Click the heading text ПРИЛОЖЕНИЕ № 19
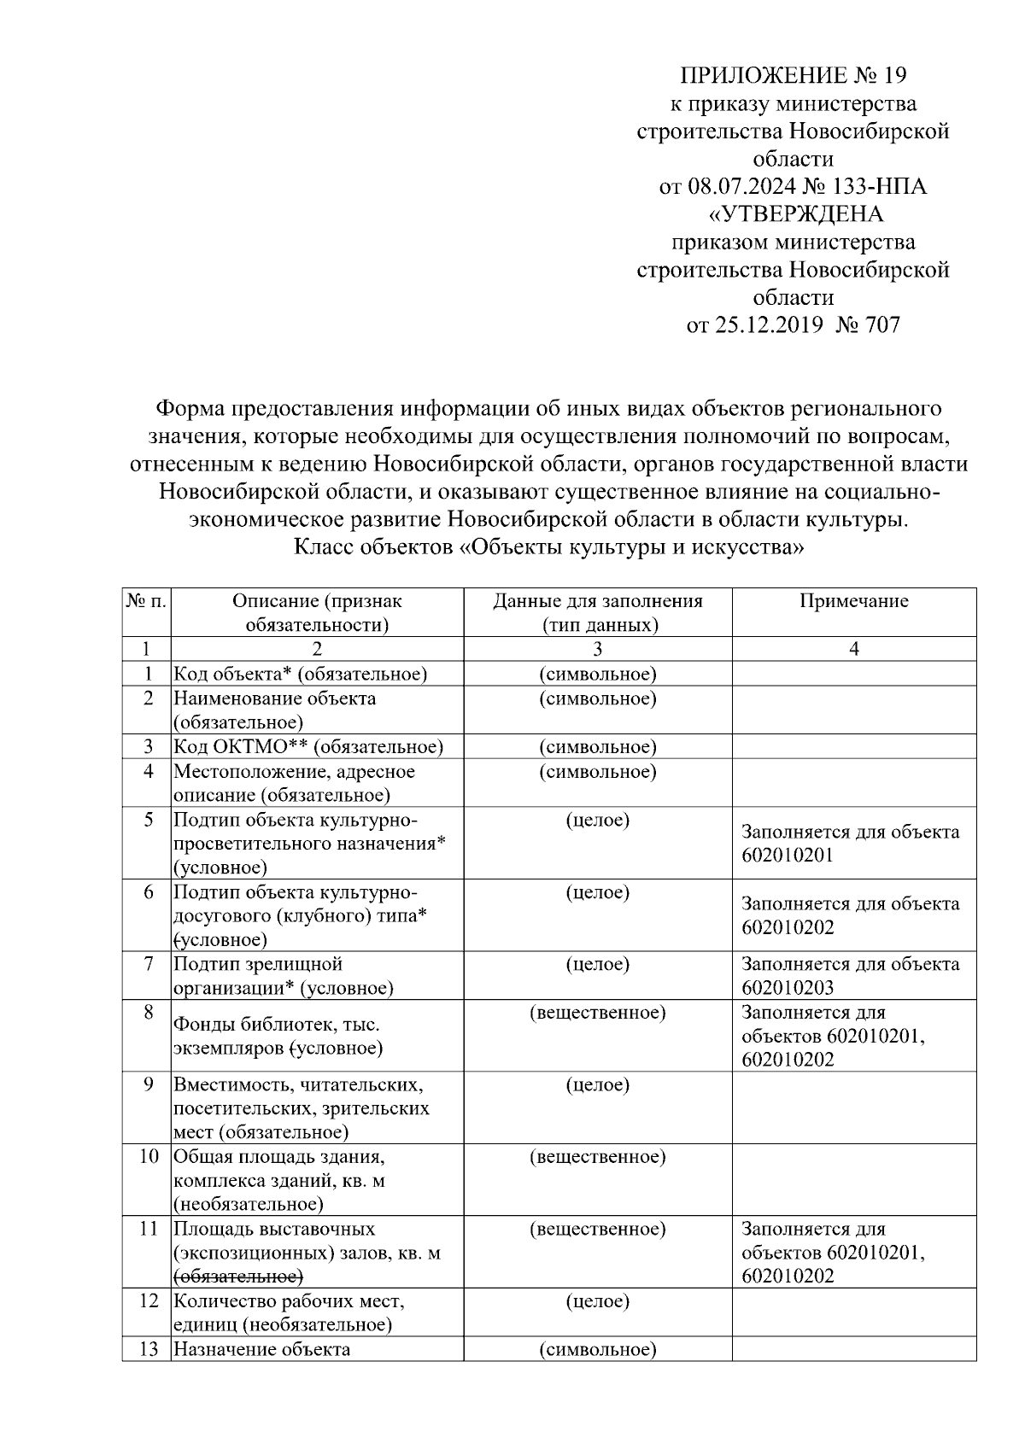click(793, 76)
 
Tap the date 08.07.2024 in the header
click(742, 187)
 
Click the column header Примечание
click(853, 601)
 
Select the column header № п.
click(146, 601)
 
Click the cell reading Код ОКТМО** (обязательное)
click(308, 747)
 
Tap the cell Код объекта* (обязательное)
click(300, 675)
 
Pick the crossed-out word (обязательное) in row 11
click(238, 1277)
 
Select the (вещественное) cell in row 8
click(597, 1014)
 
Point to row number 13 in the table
click(149, 1350)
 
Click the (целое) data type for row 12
click(597, 1301)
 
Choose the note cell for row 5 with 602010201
click(850, 844)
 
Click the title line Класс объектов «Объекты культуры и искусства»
click(548, 547)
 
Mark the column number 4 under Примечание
click(853, 649)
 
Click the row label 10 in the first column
click(149, 1157)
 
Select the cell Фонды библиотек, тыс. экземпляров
click(277, 1036)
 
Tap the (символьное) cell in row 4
click(597, 772)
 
